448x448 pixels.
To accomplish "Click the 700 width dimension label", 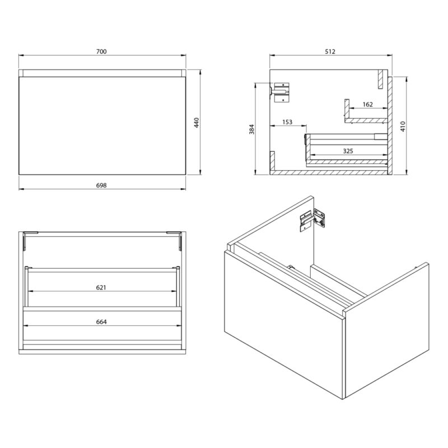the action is click(x=101, y=52).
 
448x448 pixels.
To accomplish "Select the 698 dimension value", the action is click(x=101, y=185).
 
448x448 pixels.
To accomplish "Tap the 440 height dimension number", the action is click(x=197, y=122).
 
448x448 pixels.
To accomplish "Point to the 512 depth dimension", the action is click(x=330, y=52).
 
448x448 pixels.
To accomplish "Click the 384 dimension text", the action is click(x=251, y=129).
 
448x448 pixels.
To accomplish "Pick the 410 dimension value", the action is click(x=403, y=127).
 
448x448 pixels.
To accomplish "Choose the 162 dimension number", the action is click(x=368, y=104).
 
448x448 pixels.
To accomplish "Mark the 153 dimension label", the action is click(x=287, y=122).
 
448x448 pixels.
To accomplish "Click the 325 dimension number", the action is click(x=348, y=151).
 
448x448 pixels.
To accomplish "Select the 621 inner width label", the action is click(x=101, y=287).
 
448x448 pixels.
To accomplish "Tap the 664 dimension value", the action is click(x=101, y=322).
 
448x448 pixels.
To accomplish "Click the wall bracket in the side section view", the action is click(x=281, y=92).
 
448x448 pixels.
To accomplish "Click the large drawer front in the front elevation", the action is click(x=102, y=125).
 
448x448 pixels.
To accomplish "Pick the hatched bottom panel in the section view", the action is click(x=329, y=172).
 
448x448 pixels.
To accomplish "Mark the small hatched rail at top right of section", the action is click(x=380, y=79).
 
